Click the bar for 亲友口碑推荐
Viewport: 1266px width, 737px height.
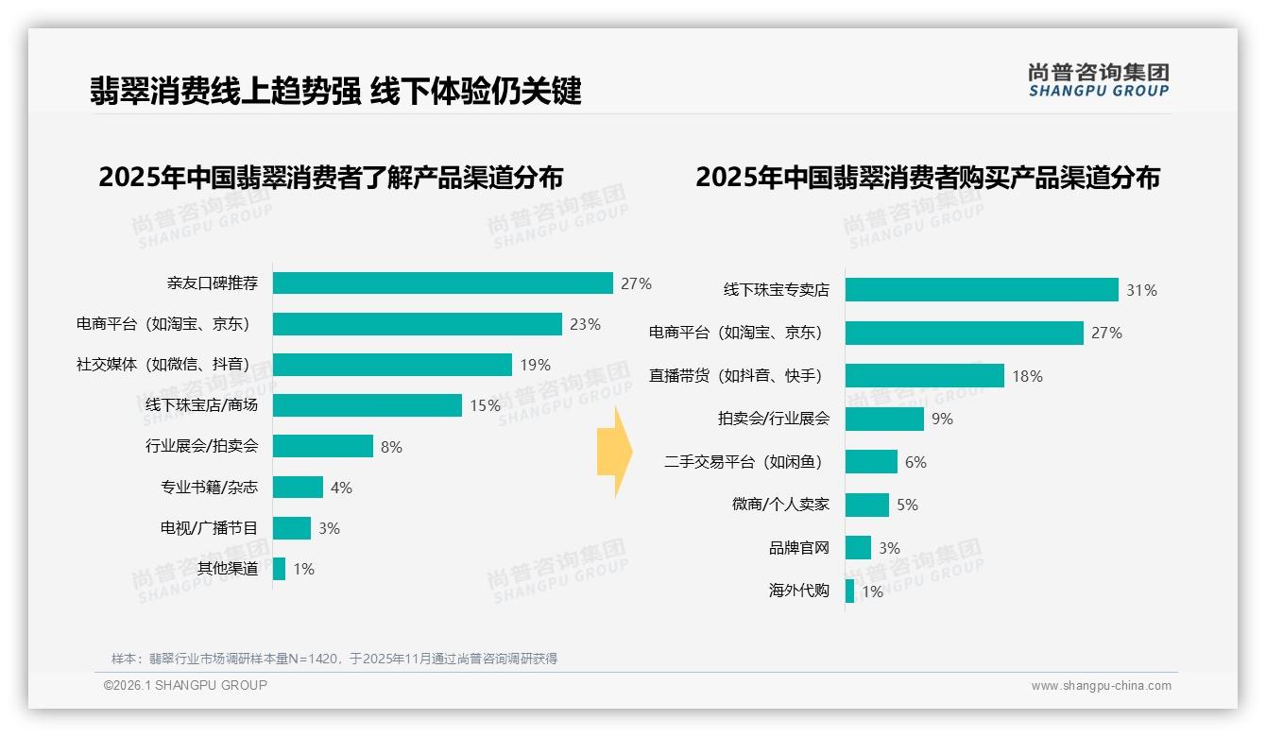click(x=442, y=283)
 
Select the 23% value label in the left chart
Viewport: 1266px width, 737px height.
click(x=585, y=324)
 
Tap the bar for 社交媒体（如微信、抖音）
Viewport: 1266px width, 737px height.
click(x=392, y=365)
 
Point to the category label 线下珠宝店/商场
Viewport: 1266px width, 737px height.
click(x=201, y=405)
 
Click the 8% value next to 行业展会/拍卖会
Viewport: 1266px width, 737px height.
click(x=391, y=447)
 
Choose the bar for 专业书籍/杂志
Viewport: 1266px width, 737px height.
click(x=298, y=488)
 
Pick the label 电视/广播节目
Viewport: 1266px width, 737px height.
click(x=209, y=528)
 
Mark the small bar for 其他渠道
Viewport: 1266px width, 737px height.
click(x=279, y=569)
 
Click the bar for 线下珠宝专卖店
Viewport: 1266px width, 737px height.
click(x=982, y=290)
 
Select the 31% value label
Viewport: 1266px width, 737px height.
click(x=1141, y=290)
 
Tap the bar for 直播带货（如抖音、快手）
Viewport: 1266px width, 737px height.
click(x=924, y=376)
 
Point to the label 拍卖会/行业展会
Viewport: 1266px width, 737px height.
click(x=774, y=419)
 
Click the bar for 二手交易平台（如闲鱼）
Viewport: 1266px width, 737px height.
click(x=871, y=462)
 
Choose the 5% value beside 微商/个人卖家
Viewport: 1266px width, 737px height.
click(x=907, y=505)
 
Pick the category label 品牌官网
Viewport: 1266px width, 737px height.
click(x=799, y=548)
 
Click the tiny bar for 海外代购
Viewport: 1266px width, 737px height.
click(x=849, y=591)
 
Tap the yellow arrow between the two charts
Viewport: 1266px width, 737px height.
click(x=614, y=452)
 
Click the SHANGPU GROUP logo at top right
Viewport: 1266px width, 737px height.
click(x=1098, y=79)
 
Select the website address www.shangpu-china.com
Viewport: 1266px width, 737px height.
click(x=1101, y=686)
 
